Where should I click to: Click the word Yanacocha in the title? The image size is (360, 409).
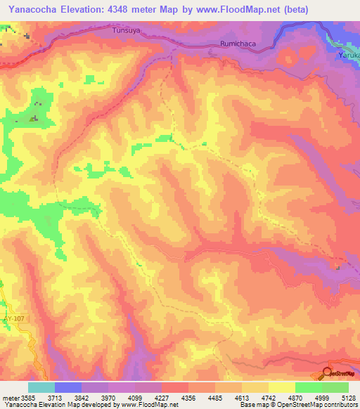(34, 8)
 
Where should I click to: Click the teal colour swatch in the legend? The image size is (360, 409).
(41, 387)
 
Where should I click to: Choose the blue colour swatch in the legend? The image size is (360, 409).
(67, 387)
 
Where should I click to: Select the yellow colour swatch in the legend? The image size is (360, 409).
(281, 387)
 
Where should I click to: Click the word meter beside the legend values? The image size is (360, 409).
(10, 397)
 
